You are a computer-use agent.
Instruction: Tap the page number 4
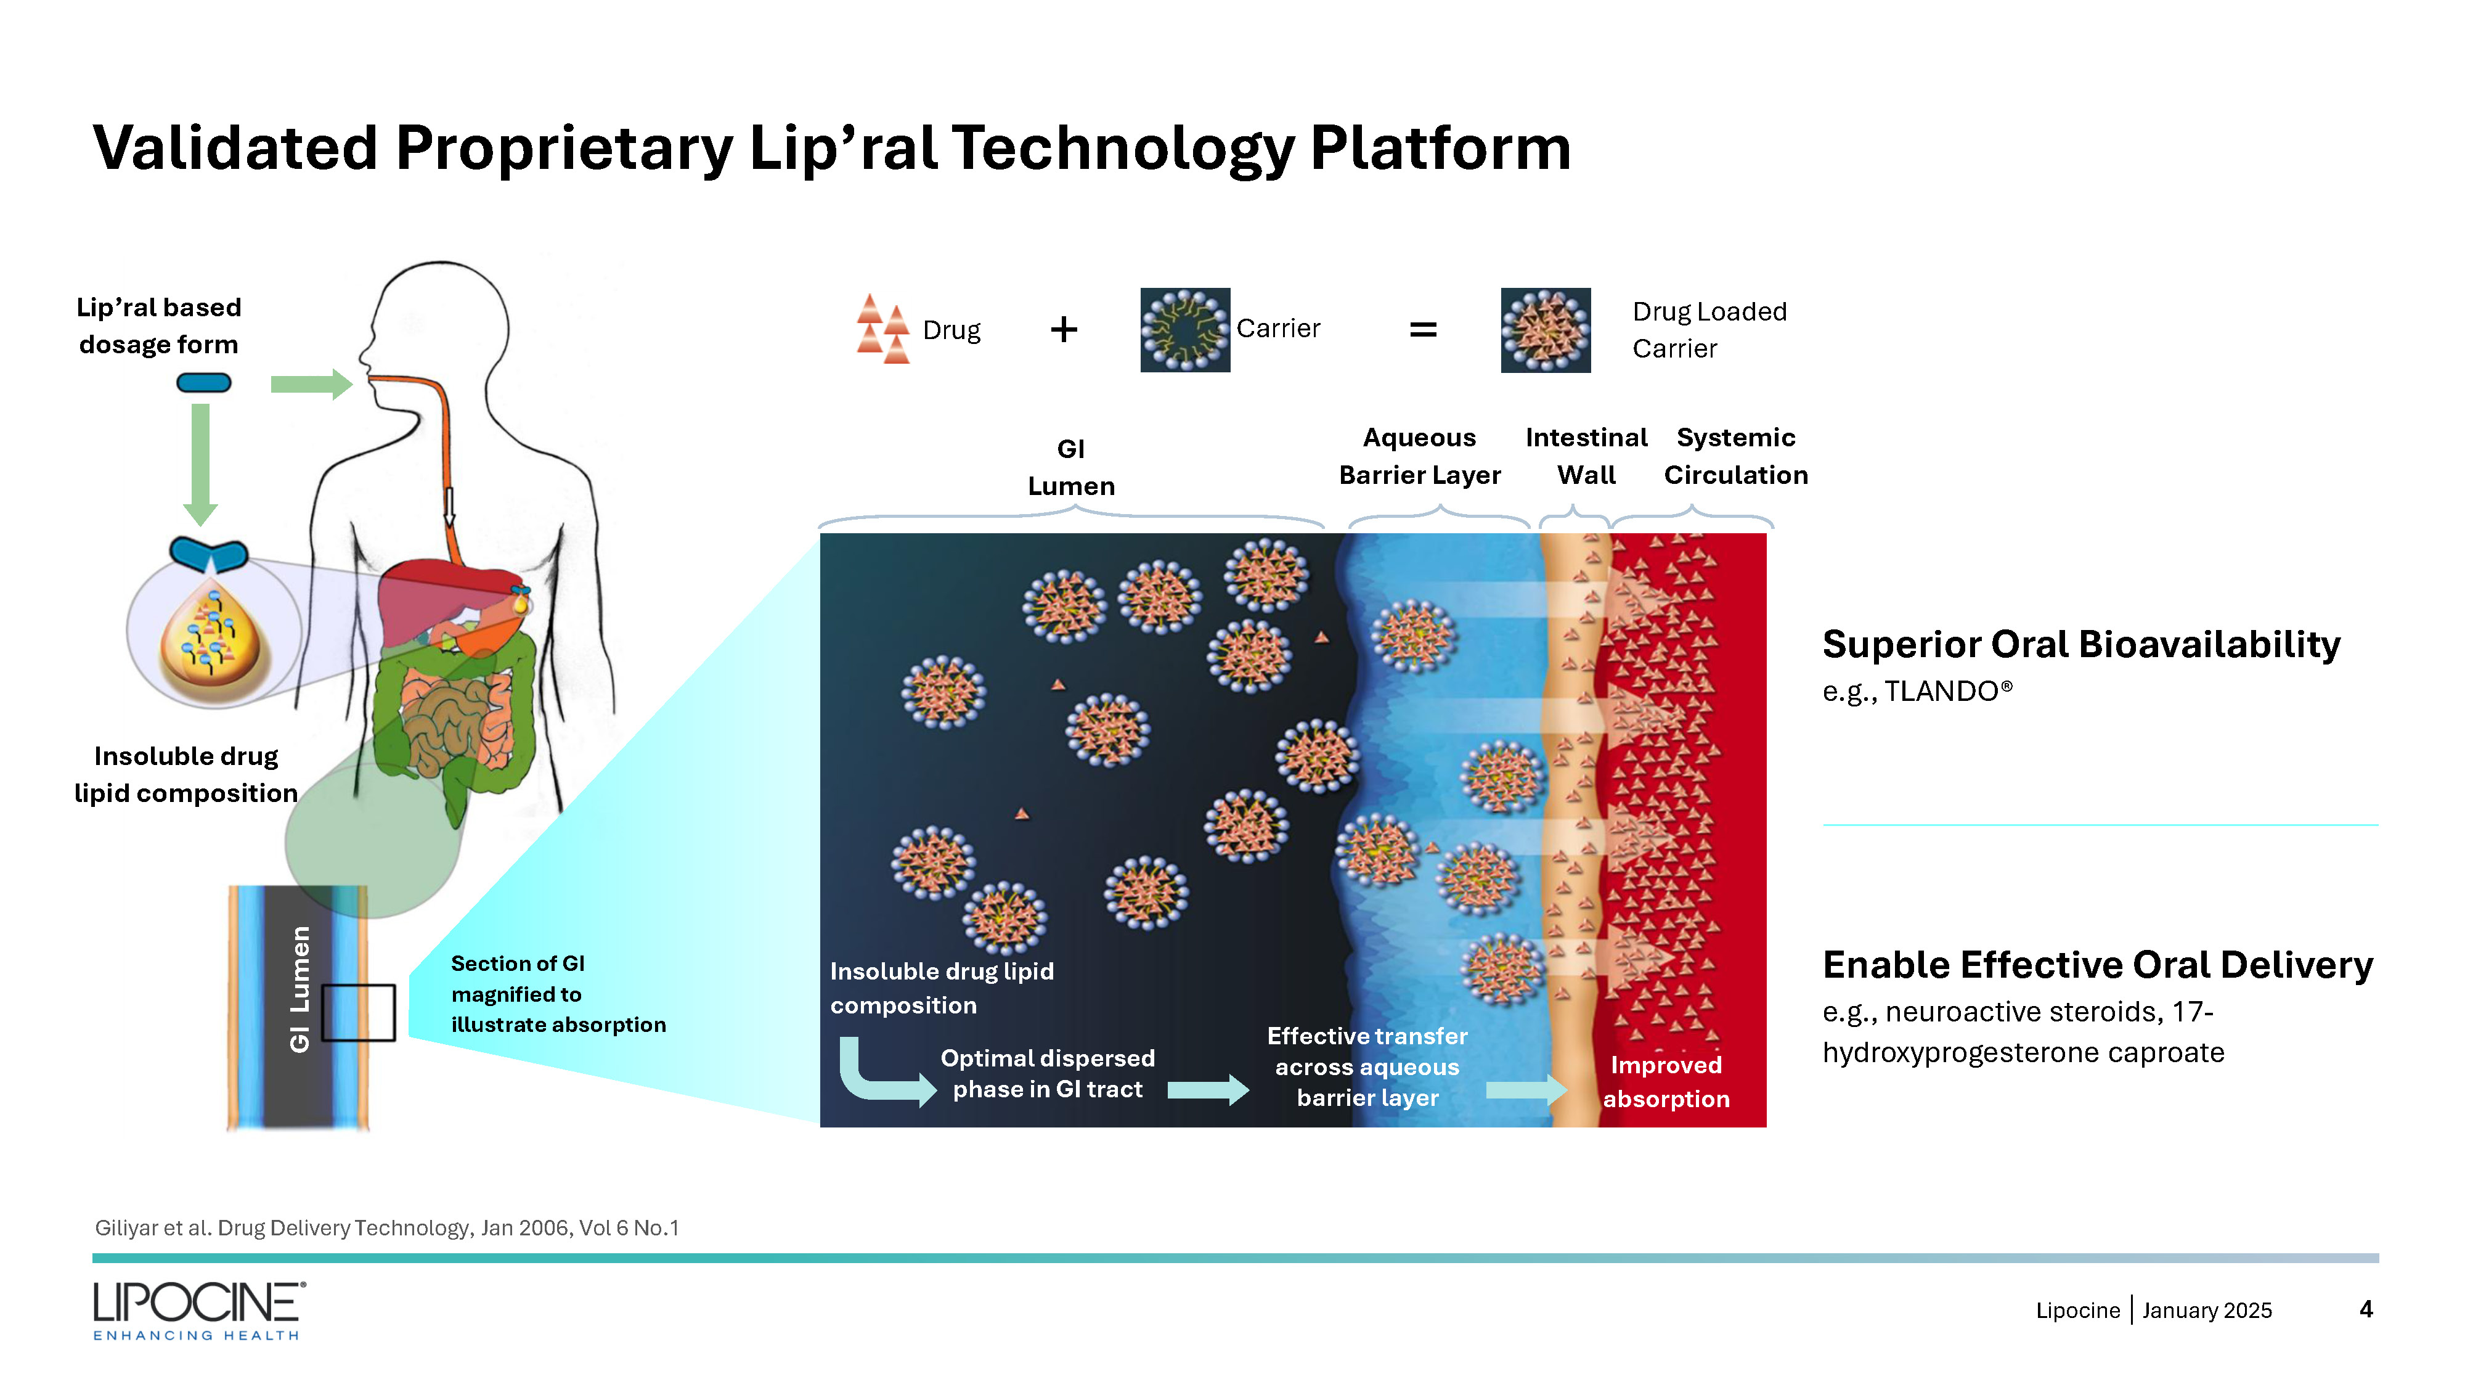pos(2366,1309)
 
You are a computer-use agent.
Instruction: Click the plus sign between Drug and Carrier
pos(1063,330)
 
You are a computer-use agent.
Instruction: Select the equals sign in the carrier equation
pos(1423,330)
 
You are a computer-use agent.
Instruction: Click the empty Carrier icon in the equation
pos(1184,330)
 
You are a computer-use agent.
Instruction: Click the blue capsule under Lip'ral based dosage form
pos(204,383)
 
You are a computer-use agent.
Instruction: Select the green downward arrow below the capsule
pos(200,464)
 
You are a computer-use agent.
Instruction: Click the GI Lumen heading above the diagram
pos(1071,467)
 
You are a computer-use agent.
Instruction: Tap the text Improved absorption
pos(1666,1082)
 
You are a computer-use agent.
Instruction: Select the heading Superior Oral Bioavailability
pos(2080,644)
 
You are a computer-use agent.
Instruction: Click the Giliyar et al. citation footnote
pos(386,1228)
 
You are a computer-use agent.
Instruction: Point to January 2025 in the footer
pos(2207,1311)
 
